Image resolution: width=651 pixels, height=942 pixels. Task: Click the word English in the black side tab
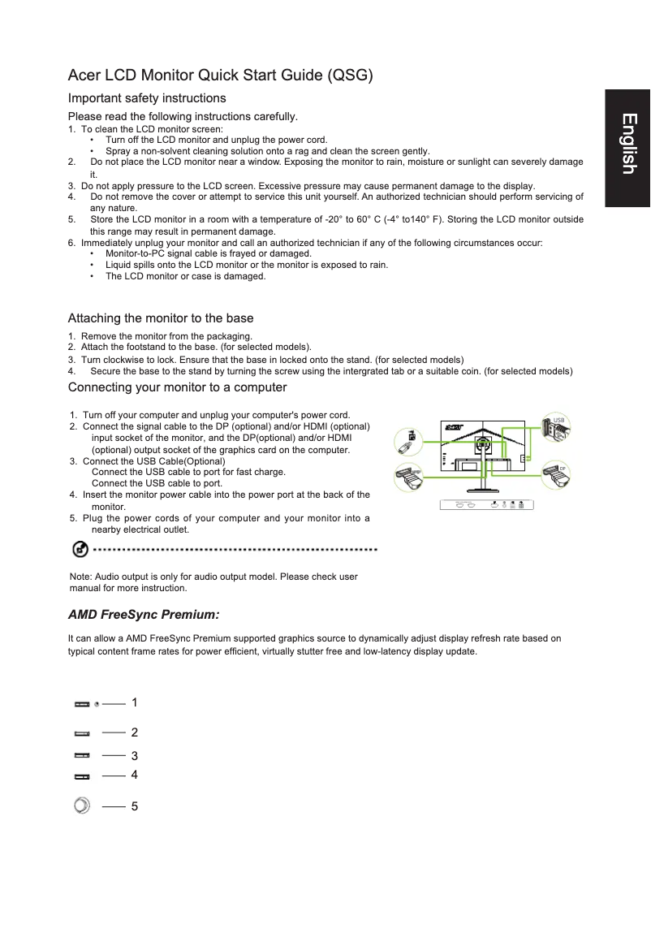pyautogui.click(x=627, y=144)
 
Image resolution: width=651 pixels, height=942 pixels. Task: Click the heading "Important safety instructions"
pyautogui.click(x=147, y=98)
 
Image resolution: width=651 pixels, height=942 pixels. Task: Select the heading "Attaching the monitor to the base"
pyautogui.click(x=161, y=318)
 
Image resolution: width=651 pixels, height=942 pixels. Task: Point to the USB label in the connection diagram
pyautogui.click(x=558, y=421)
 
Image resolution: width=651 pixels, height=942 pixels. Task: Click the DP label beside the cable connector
pyautogui.click(x=562, y=469)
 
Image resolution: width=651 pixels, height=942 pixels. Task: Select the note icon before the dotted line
pyautogui.click(x=80, y=551)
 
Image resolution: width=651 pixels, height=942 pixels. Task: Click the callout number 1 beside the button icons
pyautogui.click(x=135, y=702)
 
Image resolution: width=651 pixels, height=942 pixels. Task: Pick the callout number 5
pyautogui.click(x=135, y=806)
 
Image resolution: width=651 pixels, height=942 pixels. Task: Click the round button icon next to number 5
pyautogui.click(x=81, y=806)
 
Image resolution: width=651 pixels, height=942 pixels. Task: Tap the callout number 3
pyautogui.click(x=135, y=756)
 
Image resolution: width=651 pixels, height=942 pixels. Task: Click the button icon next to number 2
pyautogui.click(x=82, y=733)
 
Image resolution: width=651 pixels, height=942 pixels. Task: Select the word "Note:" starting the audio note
pyautogui.click(x=81, y=577)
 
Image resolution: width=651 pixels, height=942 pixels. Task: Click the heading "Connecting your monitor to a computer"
pyautogui.click(x=177, y=387)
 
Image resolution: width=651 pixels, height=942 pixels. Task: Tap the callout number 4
pyautogui.click(x=135, y=775)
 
